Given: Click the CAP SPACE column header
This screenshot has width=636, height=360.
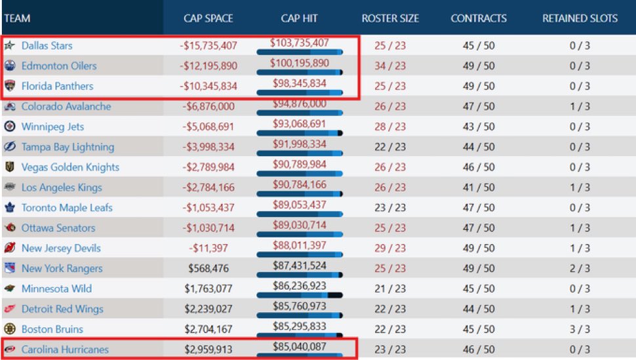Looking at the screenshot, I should click(x=208, y=18).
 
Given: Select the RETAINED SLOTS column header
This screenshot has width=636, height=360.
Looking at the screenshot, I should click(x=580, y=18).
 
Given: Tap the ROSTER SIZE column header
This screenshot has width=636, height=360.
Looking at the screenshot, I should click(x=390, y=18).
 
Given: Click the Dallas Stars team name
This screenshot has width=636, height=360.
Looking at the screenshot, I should click(x=47, y=46).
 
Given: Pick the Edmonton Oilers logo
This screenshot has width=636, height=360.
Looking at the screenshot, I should click(x=10, y=66).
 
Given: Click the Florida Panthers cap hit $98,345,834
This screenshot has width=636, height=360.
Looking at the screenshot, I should click(x=300, y=84).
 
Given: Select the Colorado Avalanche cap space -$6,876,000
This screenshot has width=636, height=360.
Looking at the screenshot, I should click(x=208, y=106).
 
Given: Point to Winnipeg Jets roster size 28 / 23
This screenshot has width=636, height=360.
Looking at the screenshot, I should click(x=390, y=127).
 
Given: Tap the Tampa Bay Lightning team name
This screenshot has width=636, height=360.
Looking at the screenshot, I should click(x=68, y=147).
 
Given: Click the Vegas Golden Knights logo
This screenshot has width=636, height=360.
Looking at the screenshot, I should click(x=10, y=167).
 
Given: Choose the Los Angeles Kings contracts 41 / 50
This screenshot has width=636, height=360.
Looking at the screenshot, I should click(x=479, y=188).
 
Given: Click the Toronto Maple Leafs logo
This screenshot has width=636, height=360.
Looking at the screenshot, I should click(x=10, y=208).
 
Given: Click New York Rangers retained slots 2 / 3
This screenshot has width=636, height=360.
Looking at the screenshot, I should click(x=580, y=269).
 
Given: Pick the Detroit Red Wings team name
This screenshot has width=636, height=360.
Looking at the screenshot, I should click(x=62, y=309).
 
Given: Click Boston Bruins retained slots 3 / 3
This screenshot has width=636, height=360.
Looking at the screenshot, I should click(x=580, y=329).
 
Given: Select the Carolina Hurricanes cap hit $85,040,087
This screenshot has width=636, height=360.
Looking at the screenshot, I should click(x=300, y=348).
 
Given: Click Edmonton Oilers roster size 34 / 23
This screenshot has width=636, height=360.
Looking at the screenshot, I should click(x=390, y=66).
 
